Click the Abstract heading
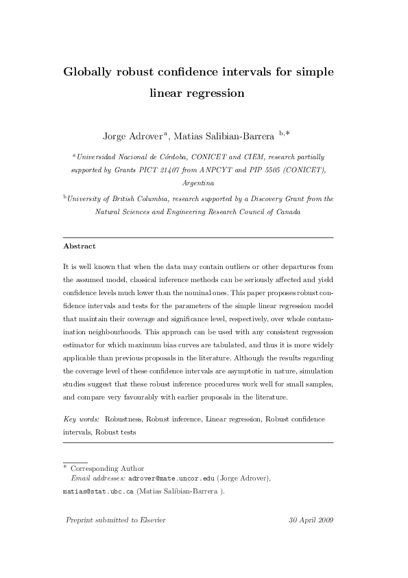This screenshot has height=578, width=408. pyautogui.click(x=80, y=246)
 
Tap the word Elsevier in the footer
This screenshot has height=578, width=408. pyautogui.click(x=150, y=520)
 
